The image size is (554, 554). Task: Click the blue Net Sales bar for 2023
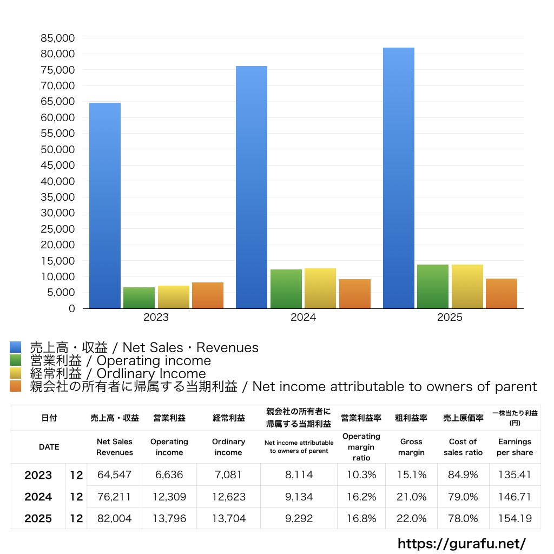coord(105,206)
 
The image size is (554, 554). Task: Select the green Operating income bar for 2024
coord(286,289)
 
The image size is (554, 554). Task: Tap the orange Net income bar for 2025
coord(502,294)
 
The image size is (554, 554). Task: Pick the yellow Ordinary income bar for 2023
coord(174,297)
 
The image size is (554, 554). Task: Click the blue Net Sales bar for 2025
coord(399,178)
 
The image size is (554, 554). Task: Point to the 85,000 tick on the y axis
coord(57,38)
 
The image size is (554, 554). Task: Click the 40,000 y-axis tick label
coord(57,181)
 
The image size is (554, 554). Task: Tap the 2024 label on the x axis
coord(303,317)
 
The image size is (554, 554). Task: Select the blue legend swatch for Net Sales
coord(16,347)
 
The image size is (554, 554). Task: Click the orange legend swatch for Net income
coord(16,386)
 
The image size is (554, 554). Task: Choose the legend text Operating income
coord(154,361)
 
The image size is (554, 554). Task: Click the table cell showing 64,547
coord(115,474)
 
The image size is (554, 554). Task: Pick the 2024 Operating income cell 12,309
coord(169,497)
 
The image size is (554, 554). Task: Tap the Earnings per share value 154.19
coord(515,518)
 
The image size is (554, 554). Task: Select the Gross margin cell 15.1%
coord(411,474)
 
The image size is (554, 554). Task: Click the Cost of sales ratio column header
coord(463,447)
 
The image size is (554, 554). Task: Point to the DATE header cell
coord(49,447)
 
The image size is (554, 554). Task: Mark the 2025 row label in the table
coord(38,518)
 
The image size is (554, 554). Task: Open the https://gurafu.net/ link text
coord(461,543)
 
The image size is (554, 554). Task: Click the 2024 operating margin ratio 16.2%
coord(361,497)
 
